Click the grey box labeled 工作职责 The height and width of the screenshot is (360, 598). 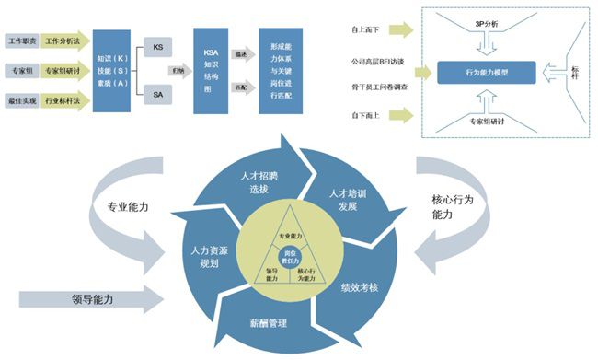[22, 41]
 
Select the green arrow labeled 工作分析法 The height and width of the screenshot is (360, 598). [63, 41]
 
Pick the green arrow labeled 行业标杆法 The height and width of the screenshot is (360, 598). [63, 99]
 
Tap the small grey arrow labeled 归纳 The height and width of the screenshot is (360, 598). [177, 68]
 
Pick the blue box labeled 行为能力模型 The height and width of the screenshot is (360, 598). [486, 71]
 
